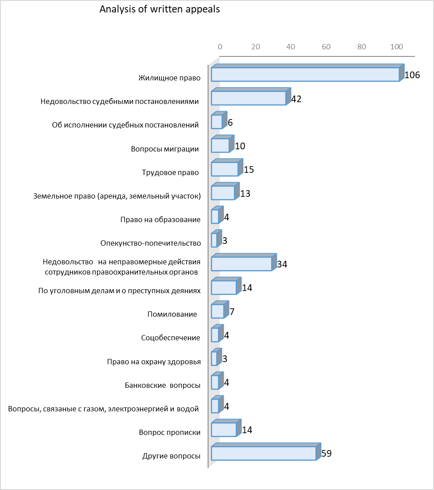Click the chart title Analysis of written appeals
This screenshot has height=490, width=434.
tap(160, 9)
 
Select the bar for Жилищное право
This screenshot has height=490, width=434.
tap(308, 73)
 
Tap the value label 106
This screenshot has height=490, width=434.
tap(412, 75)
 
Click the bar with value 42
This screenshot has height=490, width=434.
tap(251, 96)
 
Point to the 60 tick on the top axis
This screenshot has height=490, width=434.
tap(326, 47)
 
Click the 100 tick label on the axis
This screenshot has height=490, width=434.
tap(397, 47)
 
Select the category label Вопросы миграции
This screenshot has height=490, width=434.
tap(165, 149)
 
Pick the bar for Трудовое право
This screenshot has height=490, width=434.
tap(227, 167)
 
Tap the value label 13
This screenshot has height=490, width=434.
tap(245, 193)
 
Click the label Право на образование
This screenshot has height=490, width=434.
tap(161, 220)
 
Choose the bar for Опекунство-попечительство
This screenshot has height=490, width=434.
tap(217, 239)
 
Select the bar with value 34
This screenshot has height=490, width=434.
tap(244, 262)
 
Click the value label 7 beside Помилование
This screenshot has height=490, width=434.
tap(232, 311)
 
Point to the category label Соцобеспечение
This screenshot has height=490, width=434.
tap(170, 338)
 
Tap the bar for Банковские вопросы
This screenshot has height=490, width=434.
tap(217, 381)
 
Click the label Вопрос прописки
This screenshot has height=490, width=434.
tap(170, 433)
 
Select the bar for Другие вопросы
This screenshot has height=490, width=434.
tap(266, 451)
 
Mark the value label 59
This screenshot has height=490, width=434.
tap(326, 454)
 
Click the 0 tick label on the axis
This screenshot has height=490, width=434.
tap(220, 47)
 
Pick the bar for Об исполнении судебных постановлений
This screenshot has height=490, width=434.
tap(219, 120)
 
